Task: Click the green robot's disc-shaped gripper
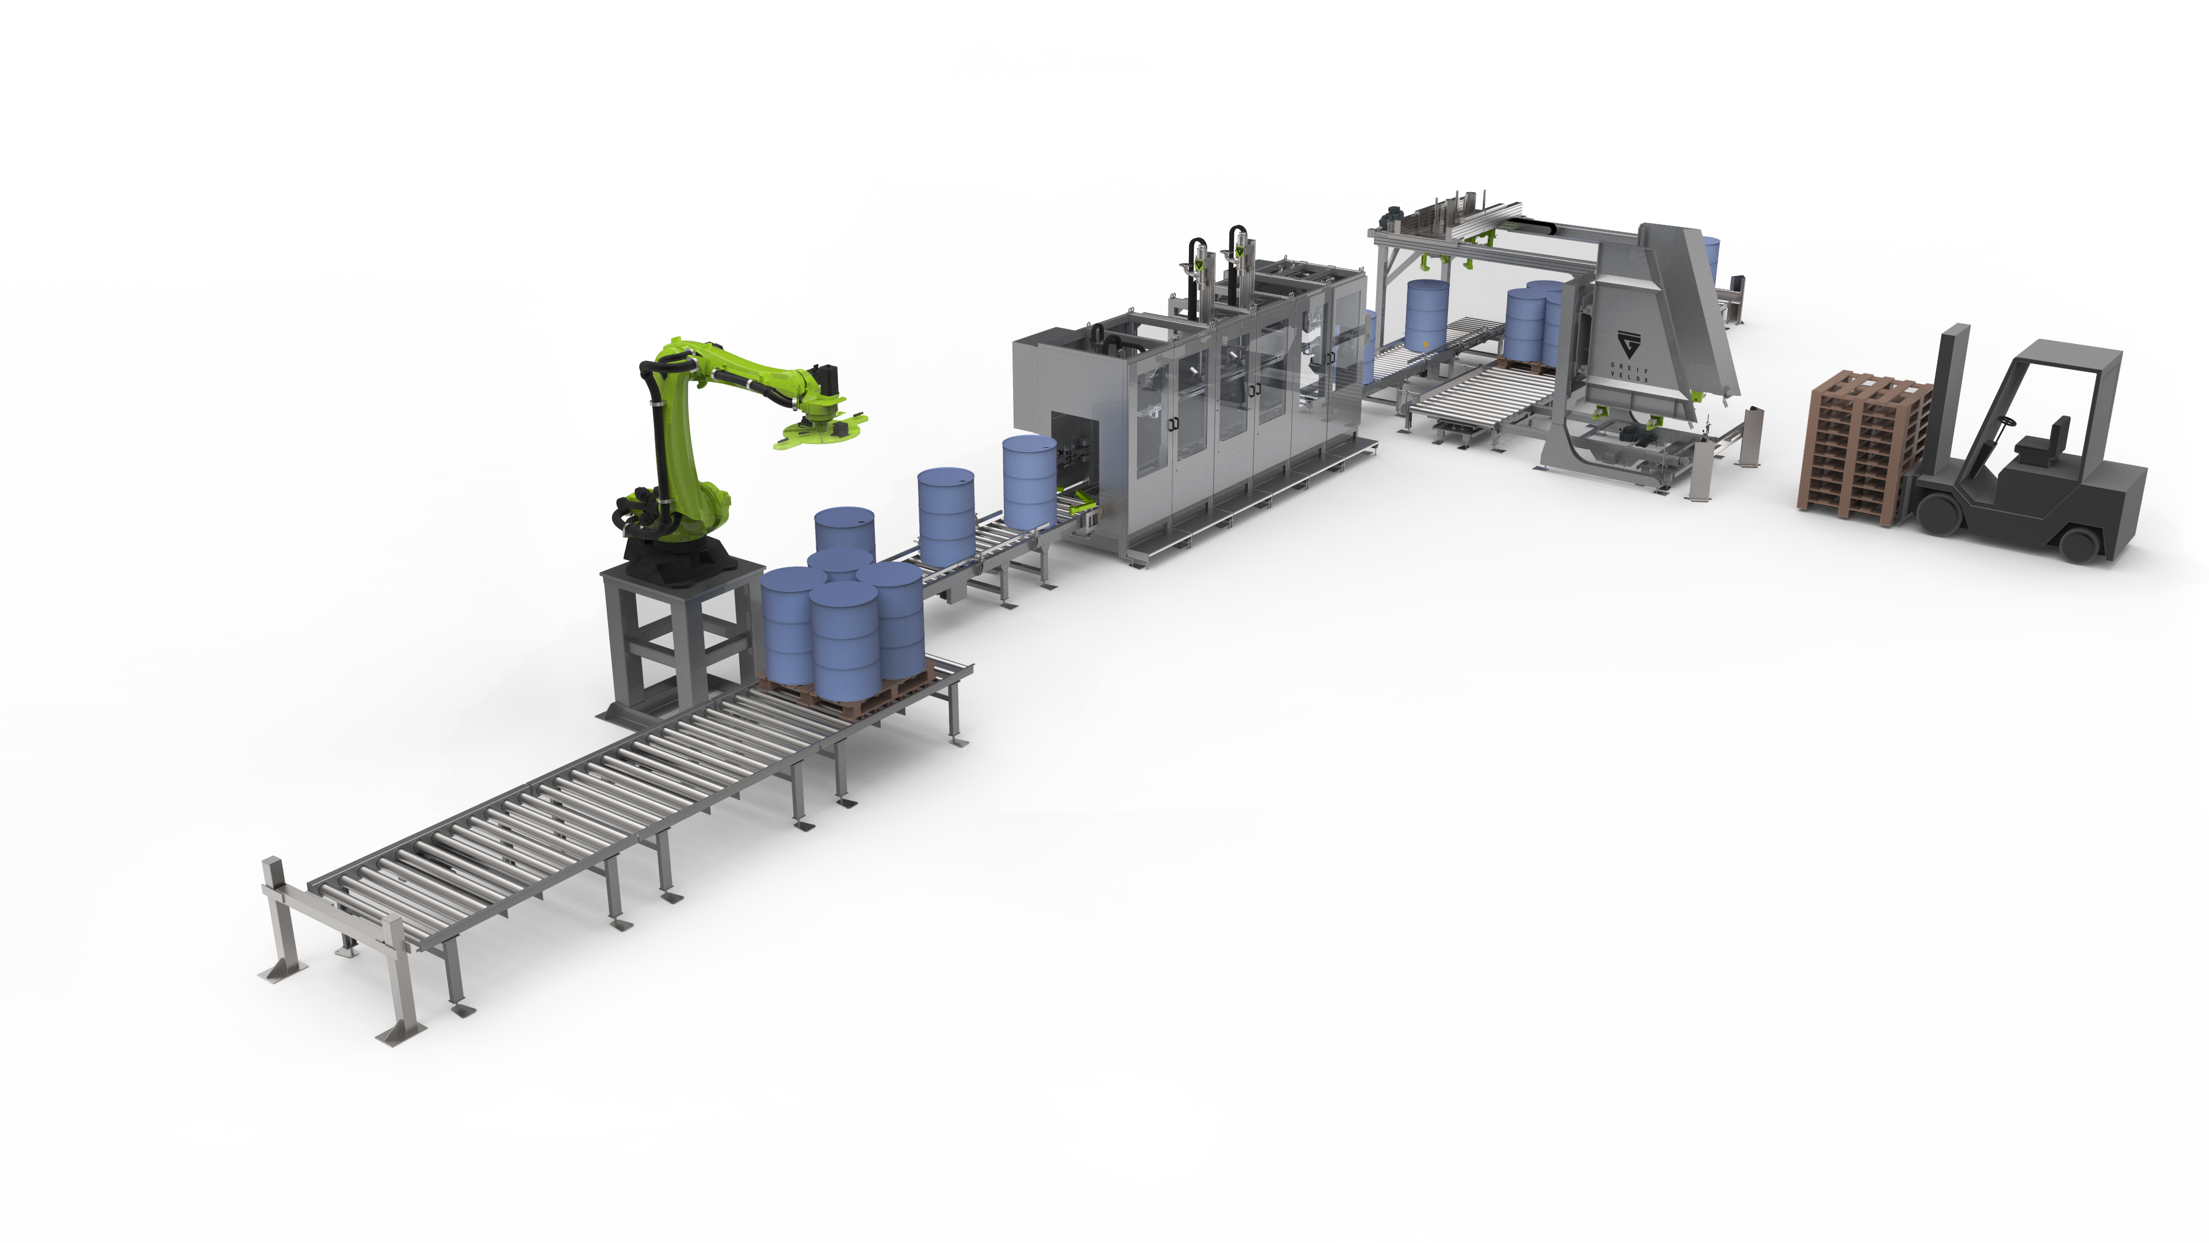pyautogui.click(x=819, y=433)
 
